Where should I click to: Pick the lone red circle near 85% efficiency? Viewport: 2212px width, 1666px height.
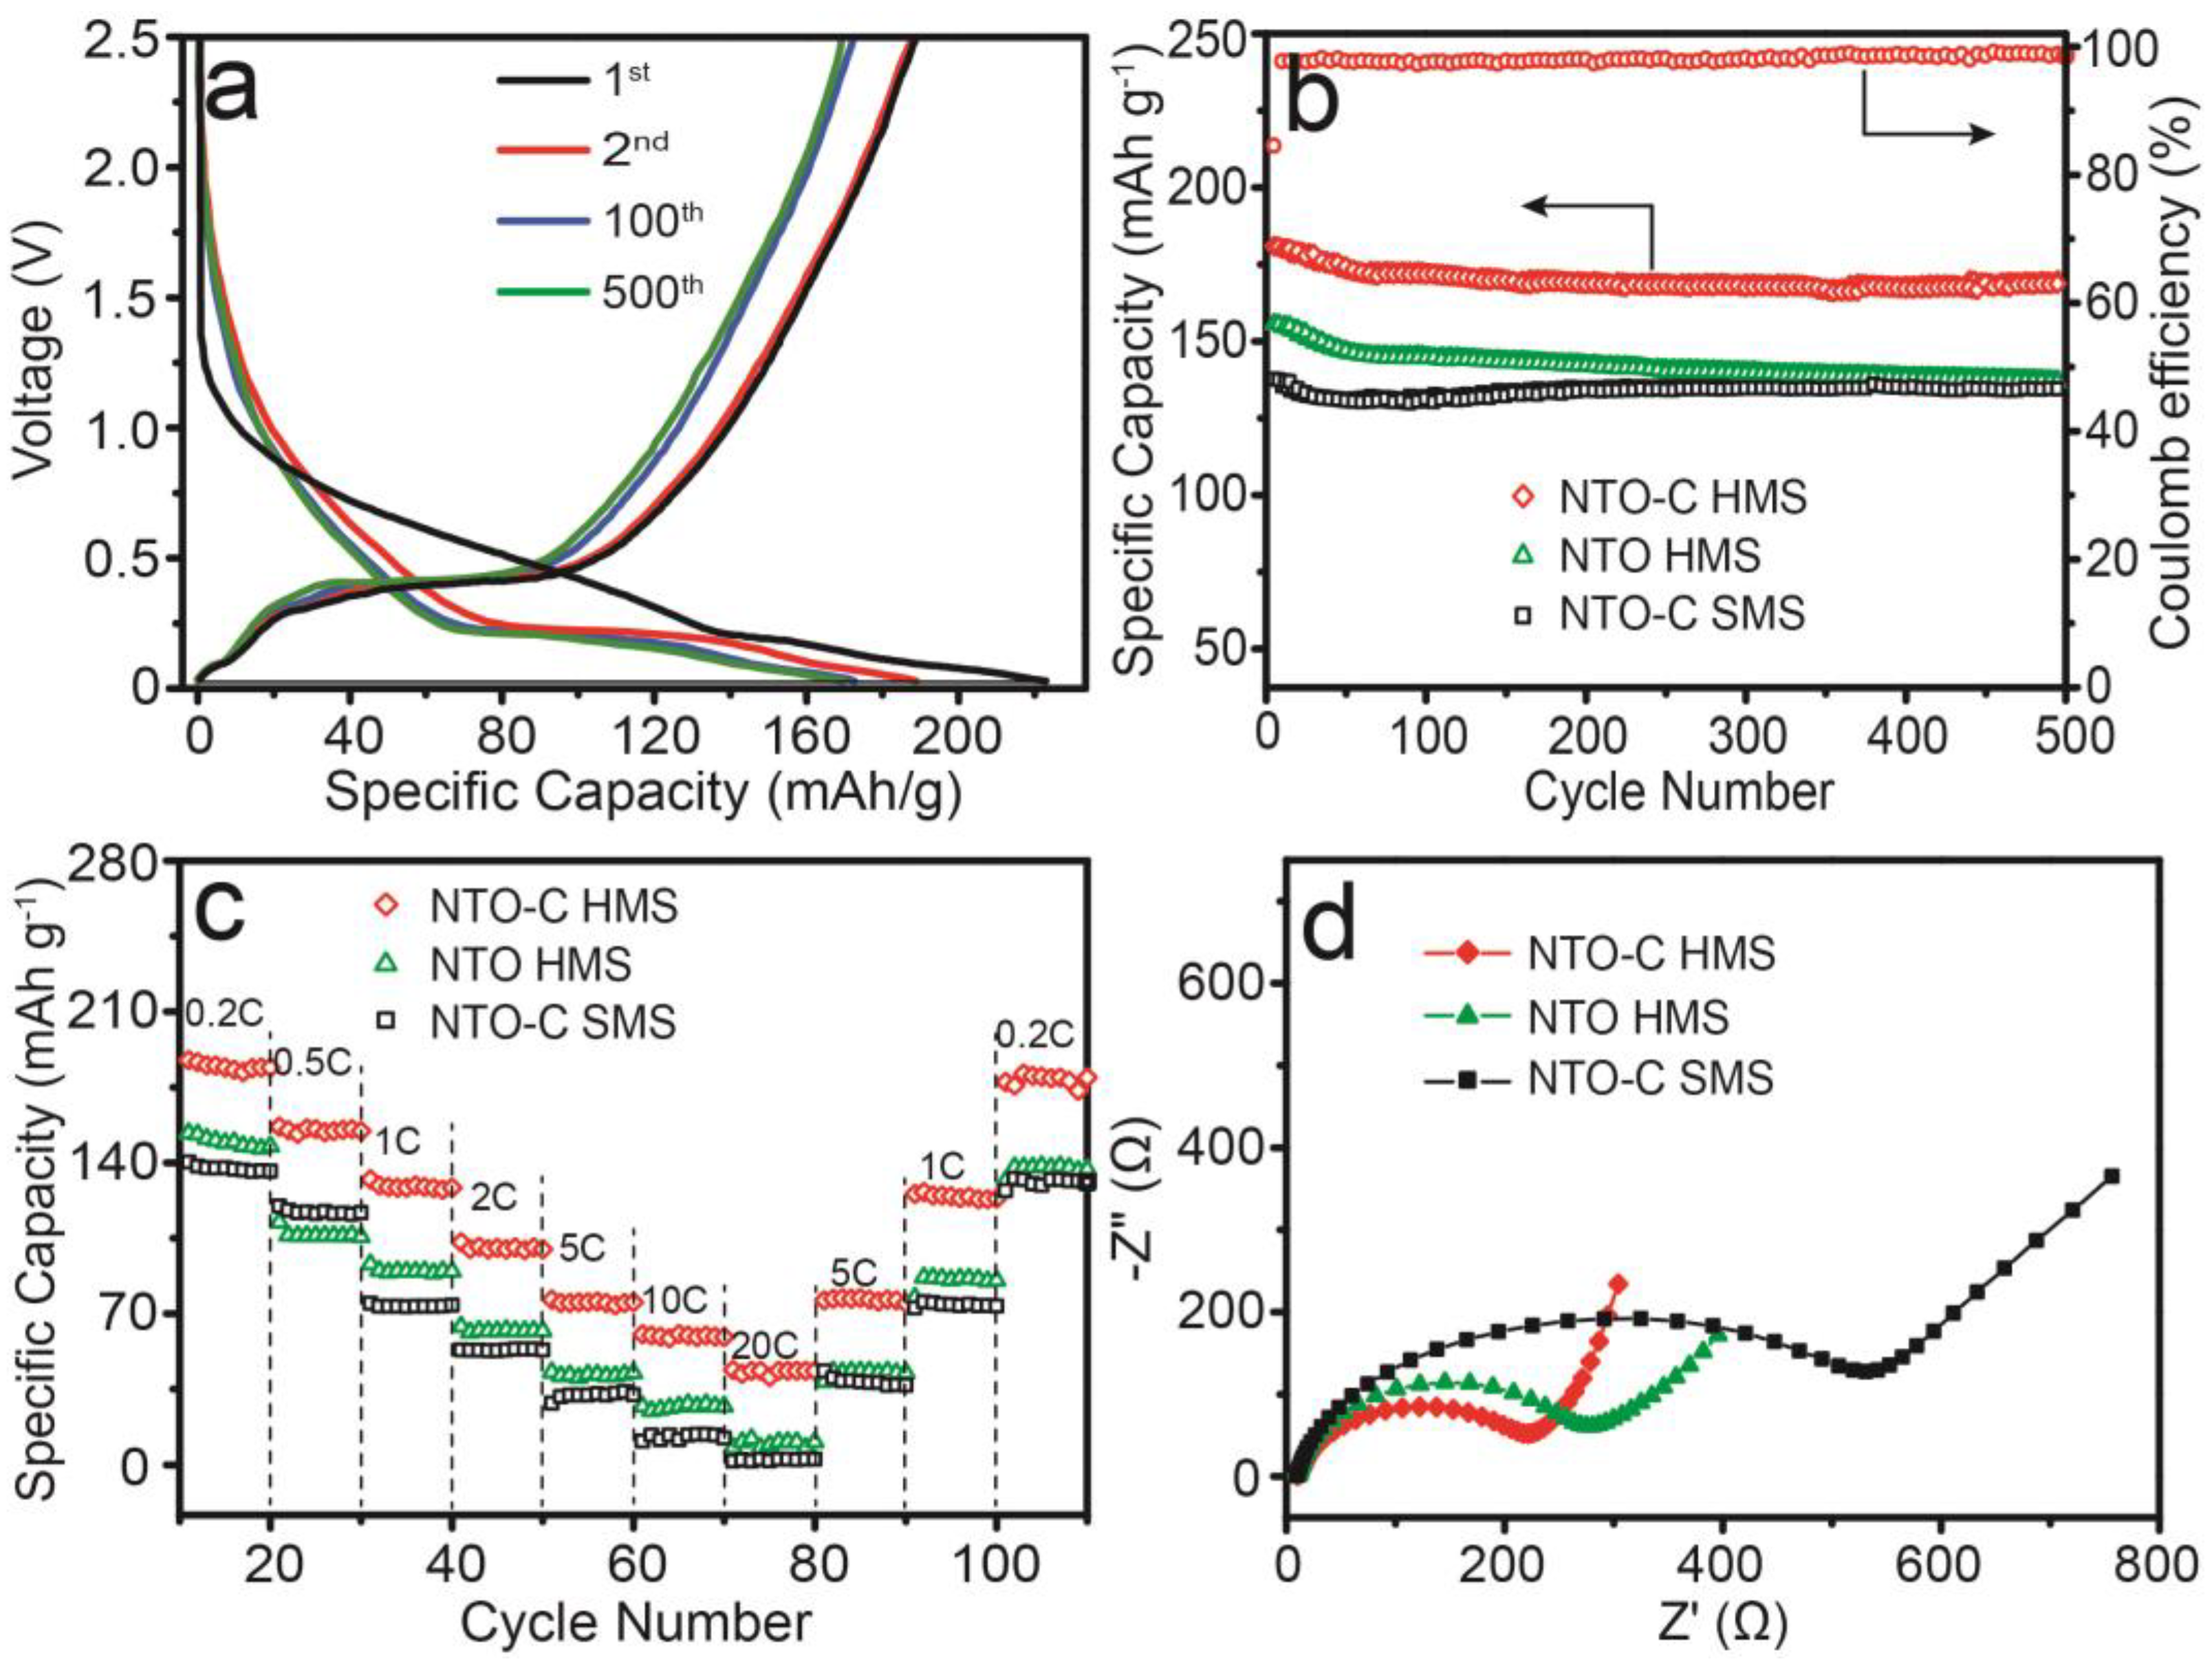[1273, 146]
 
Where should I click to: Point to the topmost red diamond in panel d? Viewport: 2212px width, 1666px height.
[1618, 1283]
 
